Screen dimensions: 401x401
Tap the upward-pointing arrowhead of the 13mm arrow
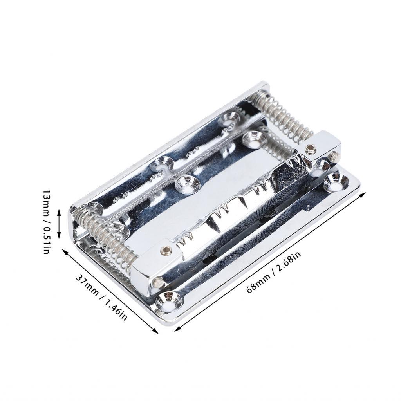point(59,212)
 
